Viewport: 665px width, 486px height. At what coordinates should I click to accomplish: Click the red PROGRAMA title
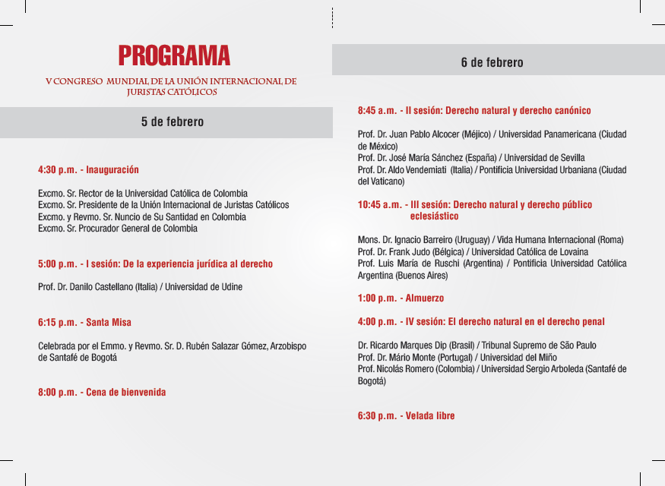pos(174,55)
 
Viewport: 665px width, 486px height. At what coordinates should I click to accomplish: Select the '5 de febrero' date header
pos(173,121)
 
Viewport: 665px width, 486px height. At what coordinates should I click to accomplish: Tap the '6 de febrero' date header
pos(492,62)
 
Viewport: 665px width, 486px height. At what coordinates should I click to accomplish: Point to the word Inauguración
pos(112,170)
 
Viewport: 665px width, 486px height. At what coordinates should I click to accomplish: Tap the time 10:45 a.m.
pos(379,205)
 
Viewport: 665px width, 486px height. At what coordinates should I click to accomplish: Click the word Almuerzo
pos(425,298)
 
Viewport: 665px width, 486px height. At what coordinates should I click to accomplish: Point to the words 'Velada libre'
pos(430,416)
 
